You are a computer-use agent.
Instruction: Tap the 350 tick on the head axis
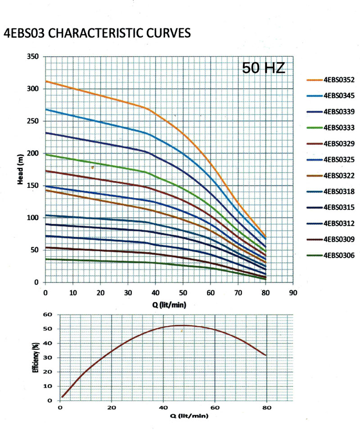tap(33, 57)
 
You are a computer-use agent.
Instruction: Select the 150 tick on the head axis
tap(33, 185)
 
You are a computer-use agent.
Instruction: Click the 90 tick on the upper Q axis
tap(293, 293)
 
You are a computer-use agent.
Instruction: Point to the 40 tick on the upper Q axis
tap(155, 293)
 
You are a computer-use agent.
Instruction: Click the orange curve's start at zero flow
tap(45, 81)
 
